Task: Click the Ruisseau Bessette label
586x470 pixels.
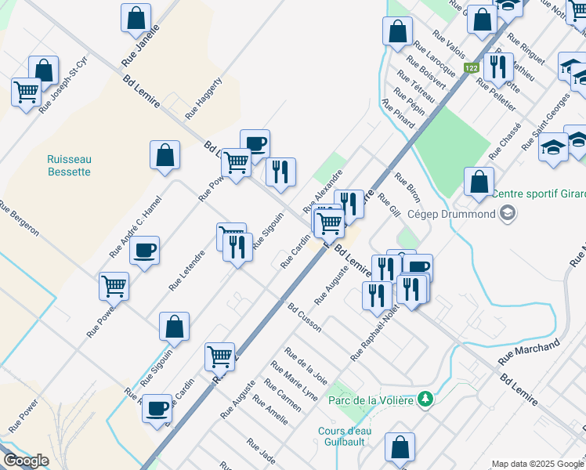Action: pos(69,165)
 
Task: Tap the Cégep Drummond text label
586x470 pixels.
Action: pos(461,214)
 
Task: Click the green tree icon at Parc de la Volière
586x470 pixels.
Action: pos(425,399)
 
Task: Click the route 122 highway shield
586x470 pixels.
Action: pos(471,69)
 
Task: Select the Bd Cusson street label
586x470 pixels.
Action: pos(304,317)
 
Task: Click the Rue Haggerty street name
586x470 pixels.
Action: pos(204,98)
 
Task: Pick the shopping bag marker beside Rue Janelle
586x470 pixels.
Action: pos(136,18)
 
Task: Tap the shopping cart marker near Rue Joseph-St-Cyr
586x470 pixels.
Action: pos(27,92)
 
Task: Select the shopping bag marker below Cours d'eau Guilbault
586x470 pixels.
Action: pos(400,447)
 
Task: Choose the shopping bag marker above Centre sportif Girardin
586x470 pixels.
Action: pos(479,182)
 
